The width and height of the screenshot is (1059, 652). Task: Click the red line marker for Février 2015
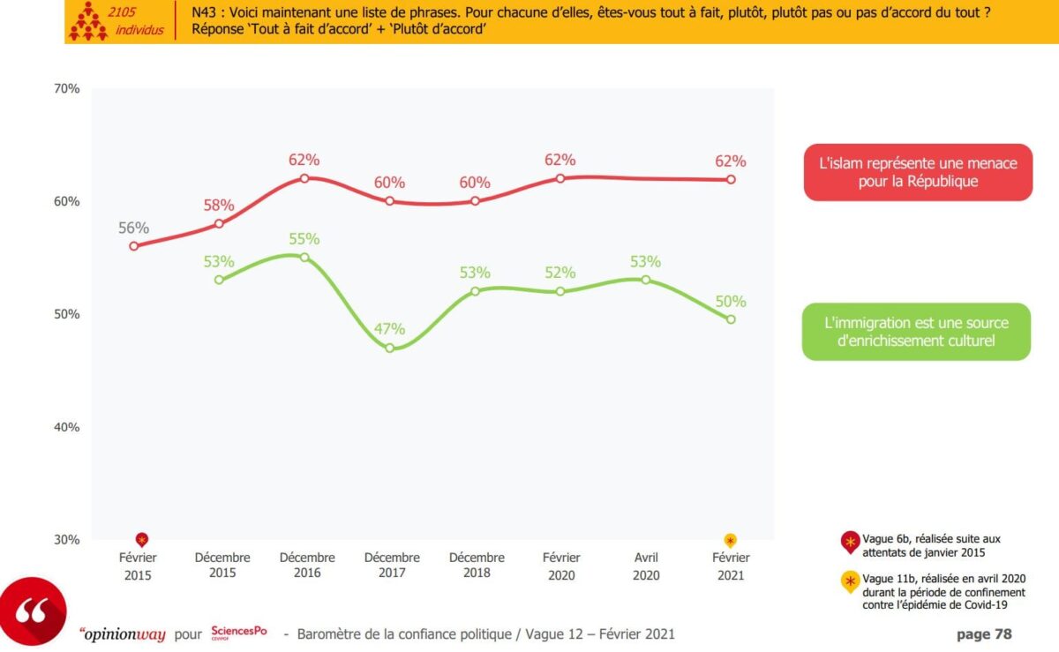pos(134,246)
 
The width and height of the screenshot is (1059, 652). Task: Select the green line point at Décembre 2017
pos(389,348)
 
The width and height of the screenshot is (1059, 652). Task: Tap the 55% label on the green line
pos(304,239)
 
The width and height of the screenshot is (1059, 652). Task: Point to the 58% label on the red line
pos(219,206)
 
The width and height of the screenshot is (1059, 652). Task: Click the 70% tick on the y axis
pos(66,88)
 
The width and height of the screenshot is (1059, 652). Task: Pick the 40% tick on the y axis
pos(66,427)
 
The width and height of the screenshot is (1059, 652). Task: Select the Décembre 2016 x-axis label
pos(307,566)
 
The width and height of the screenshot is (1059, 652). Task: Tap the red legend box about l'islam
pos(919,172)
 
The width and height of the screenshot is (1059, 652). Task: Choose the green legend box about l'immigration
pos(916,332)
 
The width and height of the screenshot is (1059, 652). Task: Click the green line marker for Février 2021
pos(731,319)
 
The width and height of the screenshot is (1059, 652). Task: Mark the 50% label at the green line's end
pos(731,302)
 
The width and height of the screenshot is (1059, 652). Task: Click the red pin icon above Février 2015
pos(141,540)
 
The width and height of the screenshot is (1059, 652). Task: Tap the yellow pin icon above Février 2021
pos(731,540)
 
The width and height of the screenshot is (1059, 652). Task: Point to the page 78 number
pos(984,633)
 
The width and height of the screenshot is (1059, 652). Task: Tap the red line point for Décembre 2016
pos(304,178)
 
